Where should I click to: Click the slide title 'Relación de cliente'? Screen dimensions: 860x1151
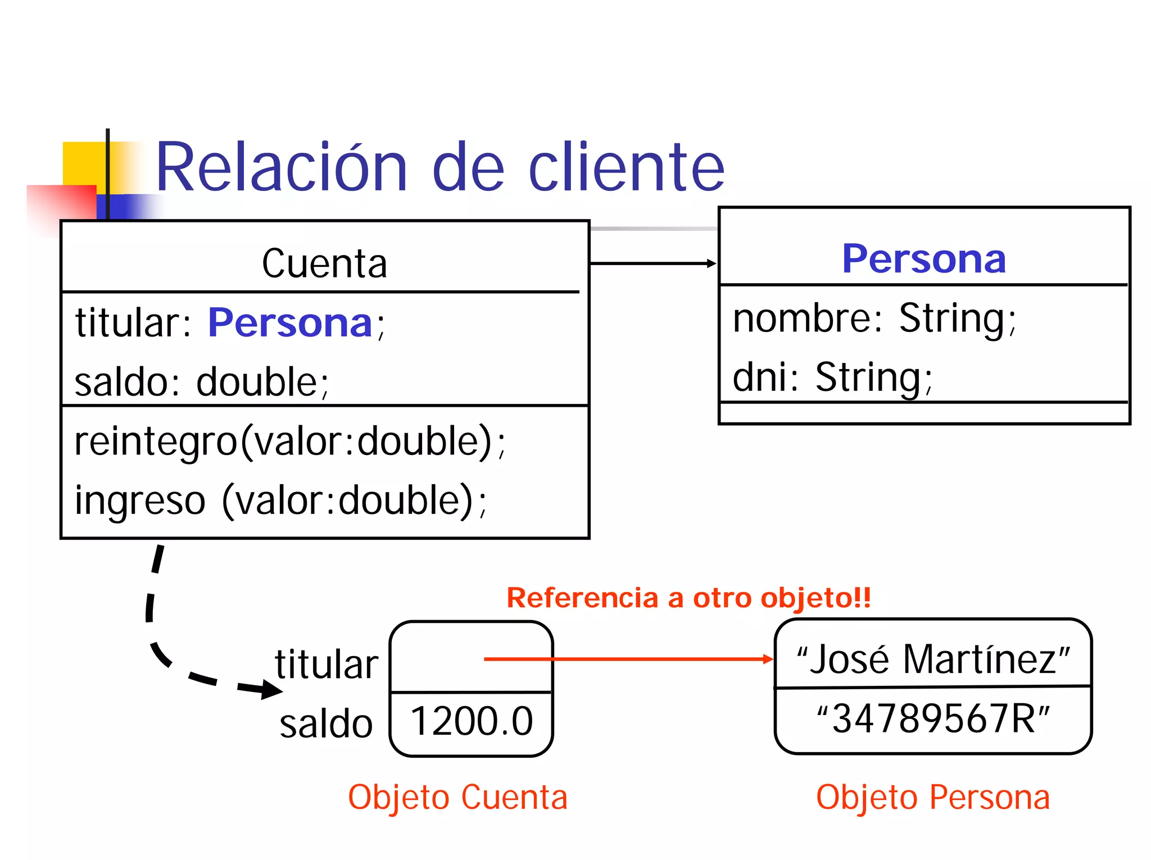[439, 167]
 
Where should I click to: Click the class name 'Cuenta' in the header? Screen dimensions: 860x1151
[324, 263]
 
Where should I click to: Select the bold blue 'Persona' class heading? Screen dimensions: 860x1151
[923, 259]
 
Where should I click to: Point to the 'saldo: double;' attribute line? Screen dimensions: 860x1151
[201, 382]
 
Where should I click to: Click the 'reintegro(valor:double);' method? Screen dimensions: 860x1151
[289, 442]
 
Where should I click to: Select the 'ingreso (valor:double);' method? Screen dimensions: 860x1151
[280, 500]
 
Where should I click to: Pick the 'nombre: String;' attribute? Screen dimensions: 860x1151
[874, 318]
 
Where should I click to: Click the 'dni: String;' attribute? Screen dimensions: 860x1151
[832, 377]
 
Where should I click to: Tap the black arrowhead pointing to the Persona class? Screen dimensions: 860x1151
[712, 263]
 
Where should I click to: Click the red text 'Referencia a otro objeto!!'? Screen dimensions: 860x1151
[688, 598]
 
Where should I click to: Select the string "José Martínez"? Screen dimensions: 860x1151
[933, 659]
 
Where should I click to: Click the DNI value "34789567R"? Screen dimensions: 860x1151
[933, 718]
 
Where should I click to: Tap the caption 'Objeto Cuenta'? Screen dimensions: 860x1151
[457, 797]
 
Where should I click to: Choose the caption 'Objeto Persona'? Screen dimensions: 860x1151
[933, 797]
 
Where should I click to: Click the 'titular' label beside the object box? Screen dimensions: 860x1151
[327, 665]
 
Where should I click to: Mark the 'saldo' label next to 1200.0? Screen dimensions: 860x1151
[326, 724]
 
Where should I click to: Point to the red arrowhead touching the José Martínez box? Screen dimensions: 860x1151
[768, 659]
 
